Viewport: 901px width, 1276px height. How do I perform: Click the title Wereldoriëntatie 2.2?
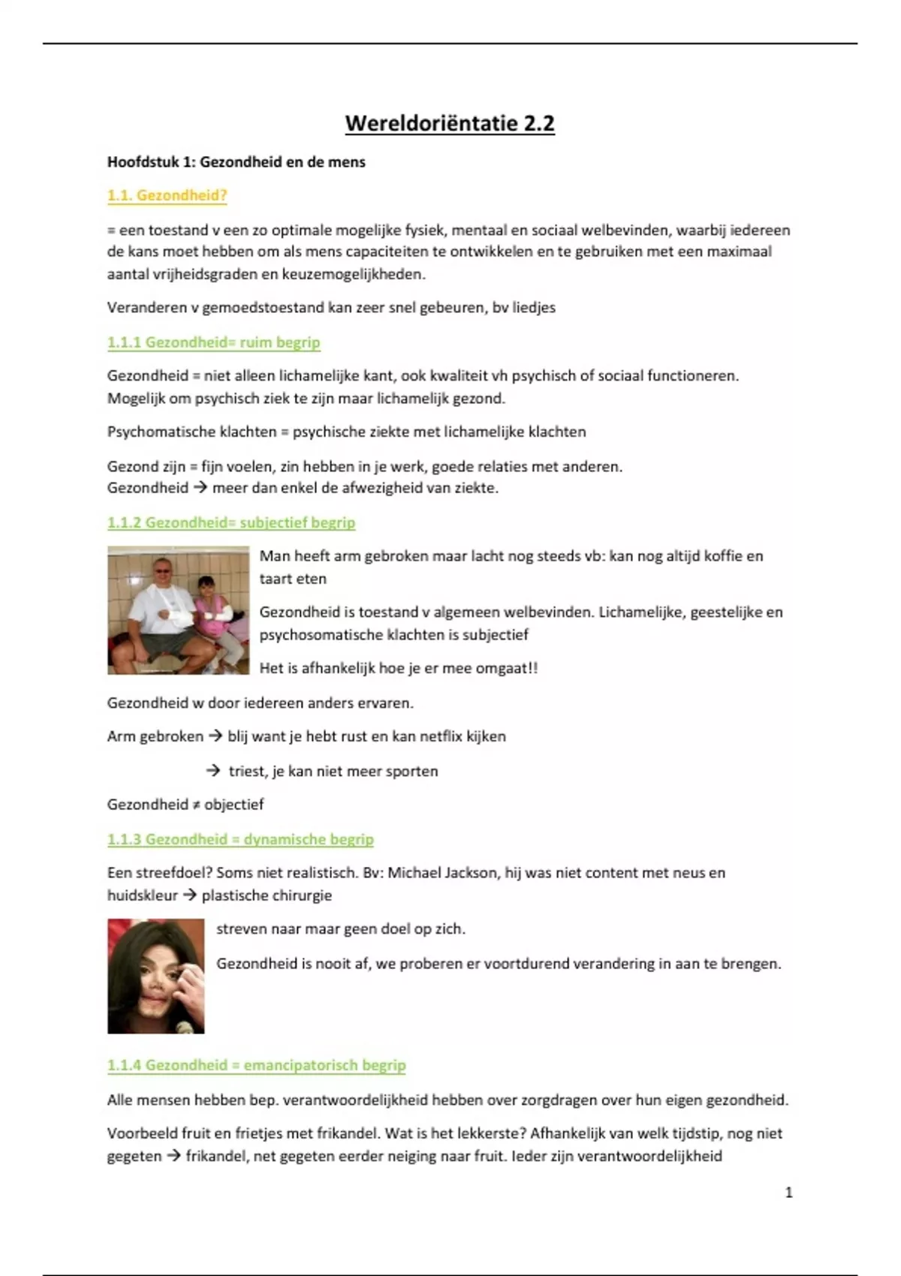pos(450,123)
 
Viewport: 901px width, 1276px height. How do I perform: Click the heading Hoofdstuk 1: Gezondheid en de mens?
pos(236,162)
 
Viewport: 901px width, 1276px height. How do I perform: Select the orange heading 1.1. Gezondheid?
pos(167,196)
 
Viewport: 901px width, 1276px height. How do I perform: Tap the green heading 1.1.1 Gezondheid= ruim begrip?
pos(213,342)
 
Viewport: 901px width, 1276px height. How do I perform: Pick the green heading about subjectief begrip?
pos(231,522)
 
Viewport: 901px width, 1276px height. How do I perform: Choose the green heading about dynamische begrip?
pos(240,839)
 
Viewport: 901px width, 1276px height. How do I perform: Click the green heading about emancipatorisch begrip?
pos(256,1065)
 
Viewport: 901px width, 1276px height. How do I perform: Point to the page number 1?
pos(788,1192)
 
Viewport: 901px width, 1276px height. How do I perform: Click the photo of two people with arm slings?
pos(178,610)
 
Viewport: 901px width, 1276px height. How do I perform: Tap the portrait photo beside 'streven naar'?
pos(155,976)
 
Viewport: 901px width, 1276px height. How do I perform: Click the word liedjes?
pos(534,308)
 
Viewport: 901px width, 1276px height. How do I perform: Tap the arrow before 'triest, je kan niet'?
pos(213,771)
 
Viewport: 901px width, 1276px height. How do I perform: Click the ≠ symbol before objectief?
pos(196,805)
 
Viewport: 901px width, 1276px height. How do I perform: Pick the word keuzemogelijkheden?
pos(353,275)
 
